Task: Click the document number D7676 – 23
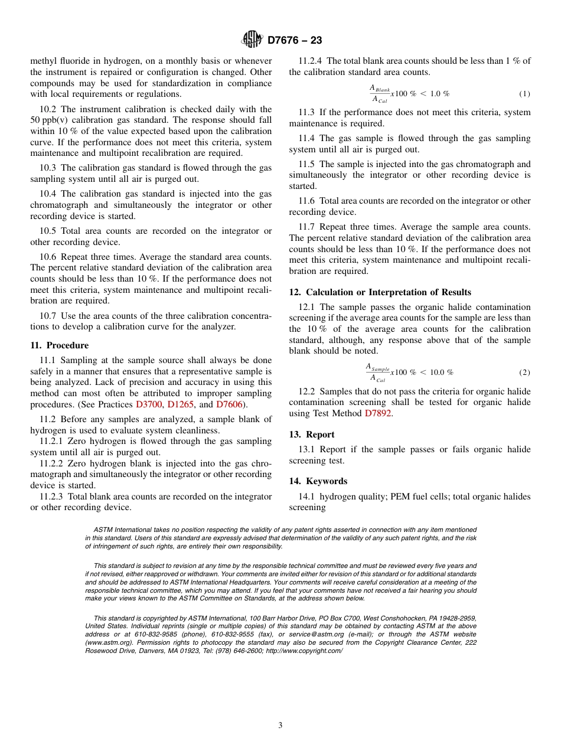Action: tap(295, 41)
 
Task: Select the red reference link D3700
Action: tap(149, 404)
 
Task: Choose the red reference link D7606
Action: tap(229, 404)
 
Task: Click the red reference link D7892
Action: tap(377, 413)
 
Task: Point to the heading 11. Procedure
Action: tap(59, 345)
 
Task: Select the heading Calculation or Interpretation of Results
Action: tap(388, 292)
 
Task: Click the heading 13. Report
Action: tap(312, 435)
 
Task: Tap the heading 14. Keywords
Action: tap(318, 481)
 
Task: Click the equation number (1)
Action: tap(524, 94)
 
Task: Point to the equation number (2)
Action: tap(524, 373)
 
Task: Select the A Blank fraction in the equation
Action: tap(380, 94)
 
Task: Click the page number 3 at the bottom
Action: tap(280, 726)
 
